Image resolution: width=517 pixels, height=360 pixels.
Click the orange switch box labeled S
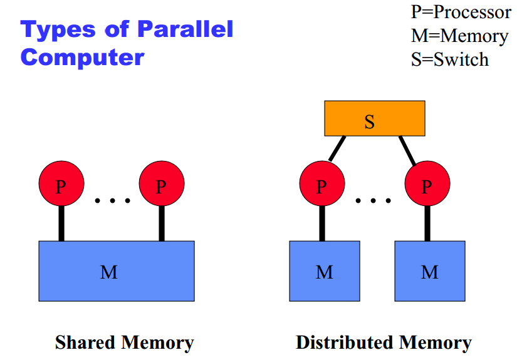click(x=374, y=118)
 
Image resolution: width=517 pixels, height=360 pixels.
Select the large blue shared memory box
click(x=117, y=271)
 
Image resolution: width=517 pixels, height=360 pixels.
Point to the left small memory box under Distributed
click(x=324, y=271)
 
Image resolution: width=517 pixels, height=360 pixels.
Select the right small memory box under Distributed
click(x=430, y=271)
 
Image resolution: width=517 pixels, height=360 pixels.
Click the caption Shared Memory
click(x=124, y=342)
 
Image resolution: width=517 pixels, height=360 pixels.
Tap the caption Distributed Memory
click(x=384, y=342)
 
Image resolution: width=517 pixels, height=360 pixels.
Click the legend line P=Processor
click(x=461, y=12)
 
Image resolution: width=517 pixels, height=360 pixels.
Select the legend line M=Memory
click(x=459, y=36)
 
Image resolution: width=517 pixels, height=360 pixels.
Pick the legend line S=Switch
click(x=449, y=59)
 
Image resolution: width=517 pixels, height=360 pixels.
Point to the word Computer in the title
click(x=82, y=58)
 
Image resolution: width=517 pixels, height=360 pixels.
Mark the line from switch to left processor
click(x=337, y=148)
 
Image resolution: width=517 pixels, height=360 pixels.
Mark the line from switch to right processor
click(x=408, y=149)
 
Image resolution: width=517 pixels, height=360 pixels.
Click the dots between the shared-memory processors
click(x=112, y=201)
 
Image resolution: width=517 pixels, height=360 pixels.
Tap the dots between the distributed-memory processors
click(x=373, y=201)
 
